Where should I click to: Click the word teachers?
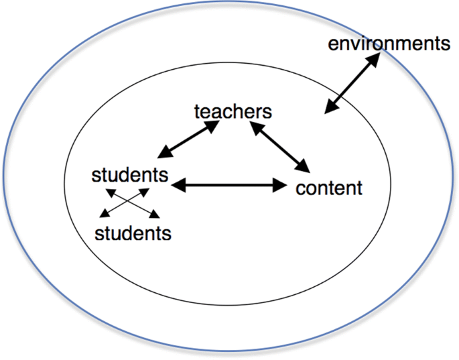[233, 111]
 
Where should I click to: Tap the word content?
[328, 187]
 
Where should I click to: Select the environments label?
[388, 45]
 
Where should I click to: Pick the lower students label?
[133, 233]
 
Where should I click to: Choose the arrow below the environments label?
[351, 84]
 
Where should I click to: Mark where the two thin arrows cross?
[130, 202]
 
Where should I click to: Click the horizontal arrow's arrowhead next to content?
[280, 184]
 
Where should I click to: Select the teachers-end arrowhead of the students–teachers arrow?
[214, 125]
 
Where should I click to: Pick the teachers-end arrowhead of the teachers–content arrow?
[256, 125]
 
